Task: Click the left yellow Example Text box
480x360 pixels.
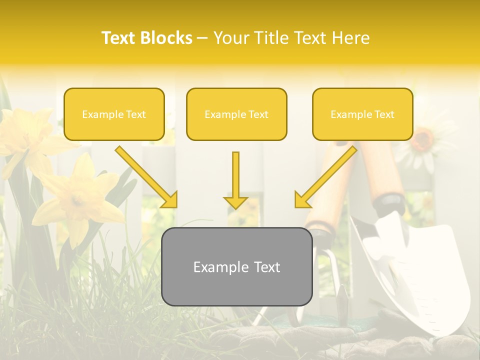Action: coord(114,114)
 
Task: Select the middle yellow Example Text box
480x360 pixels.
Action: coord(236,114)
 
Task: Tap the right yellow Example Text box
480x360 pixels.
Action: coord(362,114)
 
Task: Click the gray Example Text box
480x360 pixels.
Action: coord(236,266)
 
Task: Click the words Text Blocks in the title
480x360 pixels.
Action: coord(146,38)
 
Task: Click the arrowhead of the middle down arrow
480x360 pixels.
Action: coord(235,202)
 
